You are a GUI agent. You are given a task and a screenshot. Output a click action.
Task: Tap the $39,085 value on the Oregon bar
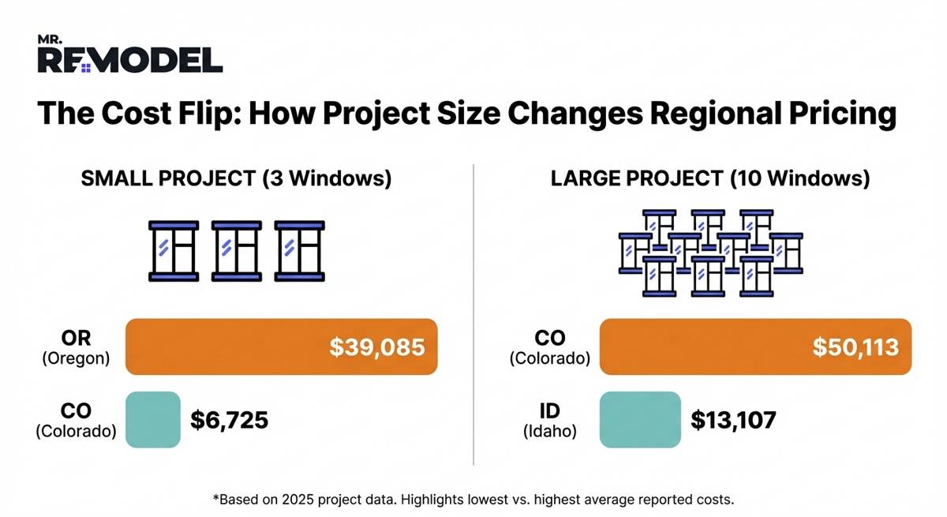click(377, 347)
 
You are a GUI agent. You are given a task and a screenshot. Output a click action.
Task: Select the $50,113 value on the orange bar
click(855, 347)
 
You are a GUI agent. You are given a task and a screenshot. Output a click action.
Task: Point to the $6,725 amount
click(229, 420)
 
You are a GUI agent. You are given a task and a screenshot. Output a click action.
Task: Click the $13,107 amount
click(733, 420)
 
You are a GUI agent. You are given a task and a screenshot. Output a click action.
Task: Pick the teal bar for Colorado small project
click(153, 419)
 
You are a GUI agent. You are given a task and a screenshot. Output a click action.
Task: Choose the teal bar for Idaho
click(640, 419)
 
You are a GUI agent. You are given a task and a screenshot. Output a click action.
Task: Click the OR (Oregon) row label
click(76, 347)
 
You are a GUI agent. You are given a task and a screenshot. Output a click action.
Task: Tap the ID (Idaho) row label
click(550, 420)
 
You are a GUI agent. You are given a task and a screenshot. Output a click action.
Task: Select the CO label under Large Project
click(550, 347)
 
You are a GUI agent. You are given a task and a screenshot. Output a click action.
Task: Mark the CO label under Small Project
click(76, 420)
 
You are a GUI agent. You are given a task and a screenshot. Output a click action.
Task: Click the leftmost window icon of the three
click(174, 251)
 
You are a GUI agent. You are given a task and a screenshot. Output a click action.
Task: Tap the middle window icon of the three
click(236, 251)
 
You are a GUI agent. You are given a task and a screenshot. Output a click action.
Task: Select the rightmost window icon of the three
click(299, 251)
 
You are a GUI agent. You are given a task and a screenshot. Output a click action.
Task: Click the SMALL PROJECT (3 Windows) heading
click(236, 179)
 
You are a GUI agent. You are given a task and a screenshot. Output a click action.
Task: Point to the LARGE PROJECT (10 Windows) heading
click(710, 179)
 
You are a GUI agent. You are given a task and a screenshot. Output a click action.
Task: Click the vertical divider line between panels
click(473, 316)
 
